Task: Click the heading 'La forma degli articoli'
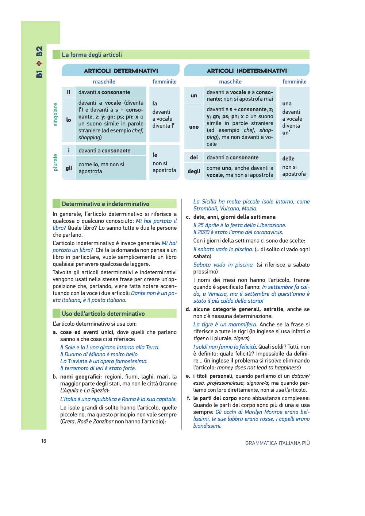point(92,55)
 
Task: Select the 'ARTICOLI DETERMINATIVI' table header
point(121,71)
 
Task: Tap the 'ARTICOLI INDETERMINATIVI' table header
point(247,71)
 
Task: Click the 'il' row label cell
point(68,92)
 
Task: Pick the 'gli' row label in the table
point(69,168)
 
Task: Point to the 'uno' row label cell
point(194,127)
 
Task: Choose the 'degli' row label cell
point(194,171)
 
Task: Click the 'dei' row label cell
point(194,158)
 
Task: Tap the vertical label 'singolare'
point(55,114)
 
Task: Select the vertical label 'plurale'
point(55,162)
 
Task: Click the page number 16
point(44,441)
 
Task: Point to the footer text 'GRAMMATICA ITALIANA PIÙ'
point(277,443)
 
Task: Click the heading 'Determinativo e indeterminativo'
point(105,204)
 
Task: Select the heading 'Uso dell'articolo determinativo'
point(103,314)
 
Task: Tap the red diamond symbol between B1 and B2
point(39,63)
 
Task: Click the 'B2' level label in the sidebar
point(39,51)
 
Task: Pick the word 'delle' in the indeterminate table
point(288,159)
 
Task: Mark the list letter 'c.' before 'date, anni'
point(188,217)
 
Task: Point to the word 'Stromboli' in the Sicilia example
point(205,209)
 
